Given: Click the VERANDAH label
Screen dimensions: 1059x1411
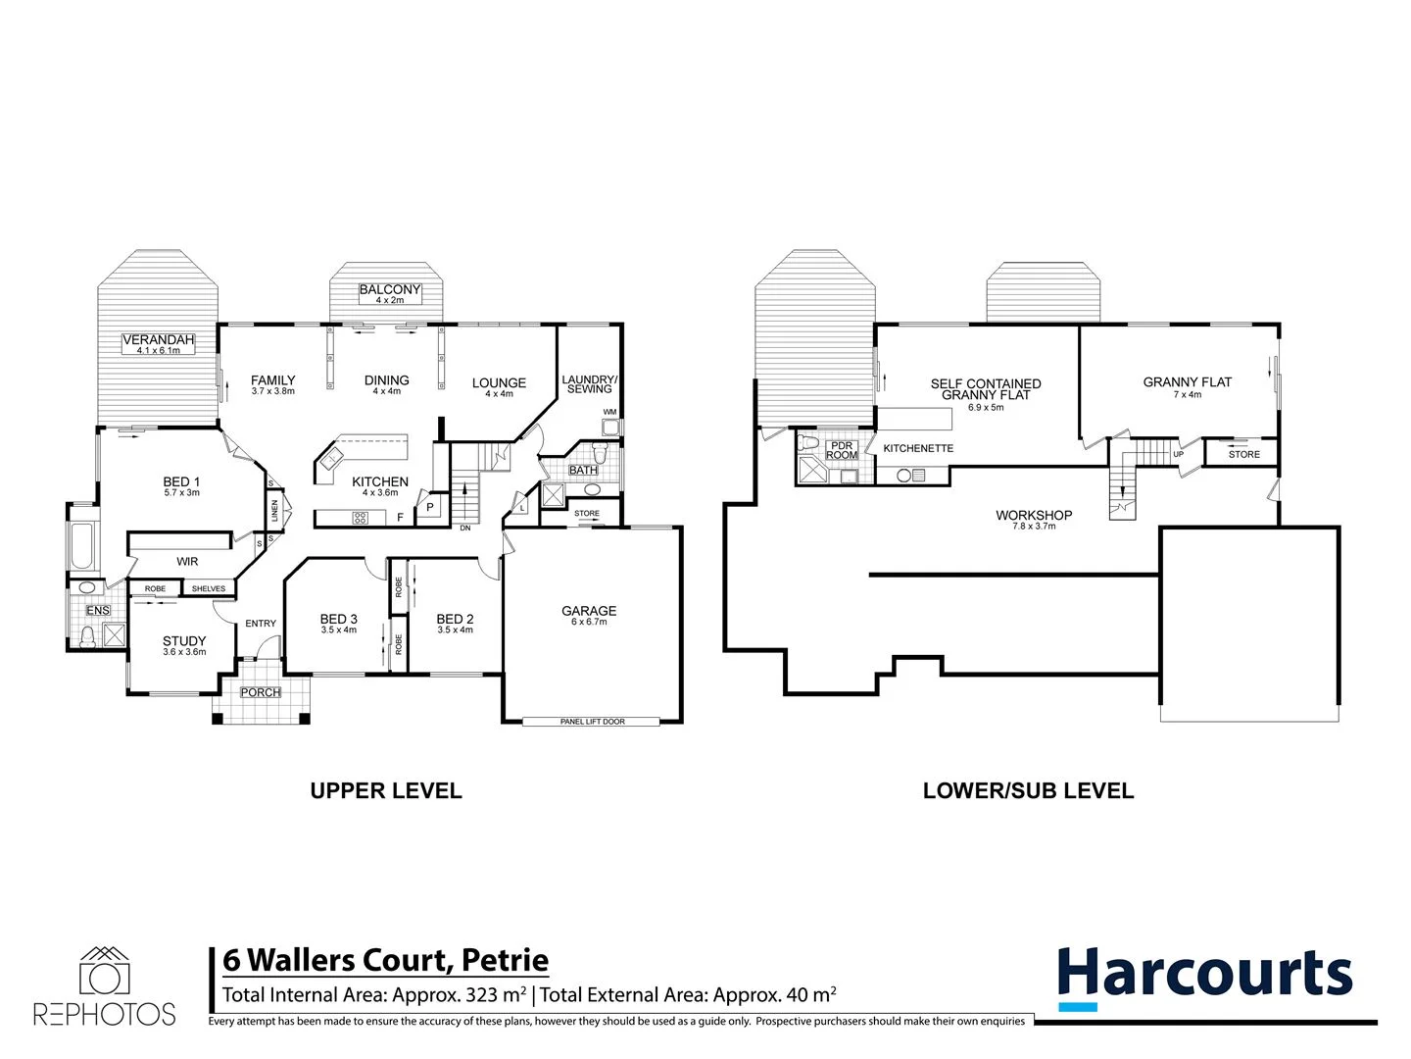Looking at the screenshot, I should pos(159,340).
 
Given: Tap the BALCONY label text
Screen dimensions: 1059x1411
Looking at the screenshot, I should pos(389,289).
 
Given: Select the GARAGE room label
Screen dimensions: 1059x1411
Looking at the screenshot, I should pos(589,611).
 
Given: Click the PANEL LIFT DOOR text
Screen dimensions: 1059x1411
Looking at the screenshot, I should pos(592,722).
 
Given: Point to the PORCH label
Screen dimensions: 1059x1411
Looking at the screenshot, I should pos(261,692).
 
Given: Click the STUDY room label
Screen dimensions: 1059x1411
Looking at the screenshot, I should pos(184,641).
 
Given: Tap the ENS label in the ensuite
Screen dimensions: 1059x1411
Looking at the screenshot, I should pos(98,611).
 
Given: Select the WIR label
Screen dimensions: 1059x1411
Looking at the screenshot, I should pos(187,562).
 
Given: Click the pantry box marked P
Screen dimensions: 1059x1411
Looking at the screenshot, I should pos(429,507).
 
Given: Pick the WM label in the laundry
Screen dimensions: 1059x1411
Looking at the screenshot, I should pos(609,412).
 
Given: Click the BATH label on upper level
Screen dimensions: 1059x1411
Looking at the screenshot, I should pos(583,471).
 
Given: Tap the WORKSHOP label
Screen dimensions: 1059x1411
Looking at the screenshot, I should pos(1034,515).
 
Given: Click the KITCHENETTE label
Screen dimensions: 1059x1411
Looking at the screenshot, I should pos(918,448).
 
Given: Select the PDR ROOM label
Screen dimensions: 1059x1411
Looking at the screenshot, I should pos(842,450).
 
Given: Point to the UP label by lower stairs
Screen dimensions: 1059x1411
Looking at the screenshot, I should pos(1178,454).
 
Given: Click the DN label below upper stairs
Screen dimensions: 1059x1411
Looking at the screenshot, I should pos(464,529).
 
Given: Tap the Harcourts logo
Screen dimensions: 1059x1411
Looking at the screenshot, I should pos(1204,977).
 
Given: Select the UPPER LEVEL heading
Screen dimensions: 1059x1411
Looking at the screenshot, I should pos(385,790).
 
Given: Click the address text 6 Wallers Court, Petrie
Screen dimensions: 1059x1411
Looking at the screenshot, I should pos(385,960).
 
